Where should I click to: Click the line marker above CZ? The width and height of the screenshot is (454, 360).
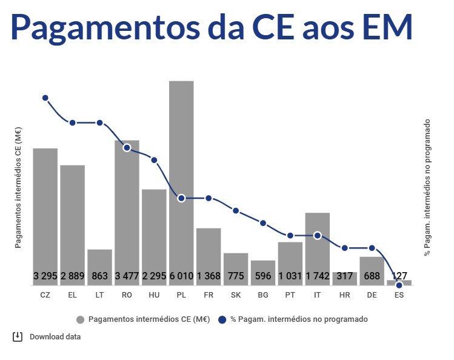(x=45, y=98)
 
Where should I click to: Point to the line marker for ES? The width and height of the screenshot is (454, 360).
(x=399, y=285)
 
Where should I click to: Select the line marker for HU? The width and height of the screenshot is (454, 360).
(x=154, y=161)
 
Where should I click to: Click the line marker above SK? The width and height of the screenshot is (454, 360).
(x=236, y=210)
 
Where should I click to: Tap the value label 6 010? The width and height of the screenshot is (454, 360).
(x=181, y=276)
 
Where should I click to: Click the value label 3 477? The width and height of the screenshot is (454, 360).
(x=127, y=276)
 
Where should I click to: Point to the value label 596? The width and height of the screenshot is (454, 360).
(x=263, y=276)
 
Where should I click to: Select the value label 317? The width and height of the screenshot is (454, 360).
(x=344, y=276)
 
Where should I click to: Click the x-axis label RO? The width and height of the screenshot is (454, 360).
(x=127, y=295)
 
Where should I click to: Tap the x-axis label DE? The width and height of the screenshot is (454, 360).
(x=372, y=295)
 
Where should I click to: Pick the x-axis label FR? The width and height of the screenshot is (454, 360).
(x=209, y=295)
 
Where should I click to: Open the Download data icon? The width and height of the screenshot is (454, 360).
(x=18, y=337)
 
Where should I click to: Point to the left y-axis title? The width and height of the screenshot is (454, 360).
(x=18, y=188)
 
